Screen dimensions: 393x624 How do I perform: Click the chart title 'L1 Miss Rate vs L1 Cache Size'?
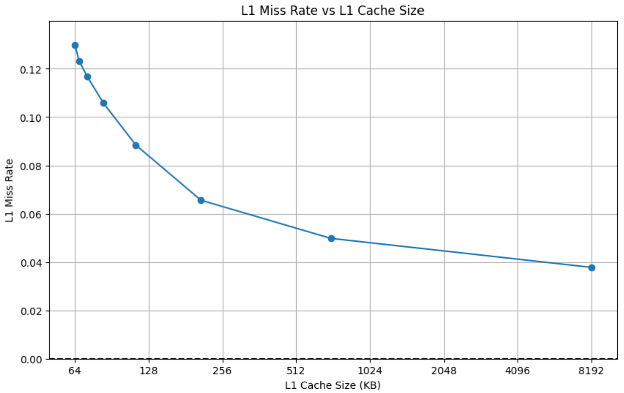(333, 10)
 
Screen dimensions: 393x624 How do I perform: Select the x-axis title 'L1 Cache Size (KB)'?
(333, 385)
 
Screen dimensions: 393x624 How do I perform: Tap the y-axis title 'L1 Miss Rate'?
(9, 190)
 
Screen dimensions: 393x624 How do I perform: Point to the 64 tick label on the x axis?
(75, 371)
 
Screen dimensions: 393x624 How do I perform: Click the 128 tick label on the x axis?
(148, 371)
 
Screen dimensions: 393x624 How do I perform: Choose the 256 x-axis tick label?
(222, 371)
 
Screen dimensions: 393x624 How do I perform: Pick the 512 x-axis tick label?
(296, 371)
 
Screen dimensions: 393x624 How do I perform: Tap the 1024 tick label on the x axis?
(370, 371)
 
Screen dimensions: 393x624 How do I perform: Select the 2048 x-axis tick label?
(444, 371)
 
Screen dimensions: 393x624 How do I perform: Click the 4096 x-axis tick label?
(518, 371)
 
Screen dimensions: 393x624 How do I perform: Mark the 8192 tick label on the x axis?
(591, 371)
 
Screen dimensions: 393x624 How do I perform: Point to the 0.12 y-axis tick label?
(31, 70)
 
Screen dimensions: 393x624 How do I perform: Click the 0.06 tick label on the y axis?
(31, 215)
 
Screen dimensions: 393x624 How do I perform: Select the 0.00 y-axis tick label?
(31, 360)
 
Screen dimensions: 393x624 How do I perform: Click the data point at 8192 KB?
(592, 268)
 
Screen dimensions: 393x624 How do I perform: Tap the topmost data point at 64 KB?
(75, 45)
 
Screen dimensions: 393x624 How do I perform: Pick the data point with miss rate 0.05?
(331, 239)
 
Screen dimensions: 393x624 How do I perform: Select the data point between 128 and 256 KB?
(201, 200)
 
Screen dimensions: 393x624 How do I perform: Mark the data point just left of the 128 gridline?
(136, 145)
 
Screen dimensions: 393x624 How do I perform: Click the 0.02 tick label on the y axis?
(31, 311)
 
